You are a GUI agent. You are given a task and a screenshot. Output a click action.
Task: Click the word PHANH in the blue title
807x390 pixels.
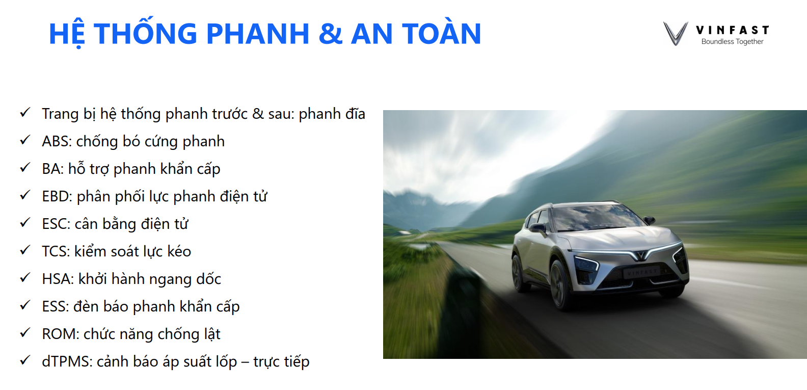[258, 34]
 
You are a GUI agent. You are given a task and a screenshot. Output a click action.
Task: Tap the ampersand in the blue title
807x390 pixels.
[330, 34]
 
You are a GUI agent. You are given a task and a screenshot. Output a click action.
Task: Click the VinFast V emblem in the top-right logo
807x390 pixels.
[676, 34]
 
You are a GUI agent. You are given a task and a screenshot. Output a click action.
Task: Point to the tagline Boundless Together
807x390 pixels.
[732, 41]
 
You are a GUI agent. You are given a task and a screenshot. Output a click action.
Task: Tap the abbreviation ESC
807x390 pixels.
[56, 224]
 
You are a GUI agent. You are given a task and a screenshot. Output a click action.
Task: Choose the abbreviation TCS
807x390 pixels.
[56, 252]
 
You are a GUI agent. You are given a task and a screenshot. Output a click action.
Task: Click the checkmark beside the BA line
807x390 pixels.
[25, 168]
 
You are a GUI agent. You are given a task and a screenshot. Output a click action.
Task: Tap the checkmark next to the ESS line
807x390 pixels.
[25, 305]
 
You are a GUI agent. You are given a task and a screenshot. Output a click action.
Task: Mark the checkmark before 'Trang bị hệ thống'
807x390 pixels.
[25, 113]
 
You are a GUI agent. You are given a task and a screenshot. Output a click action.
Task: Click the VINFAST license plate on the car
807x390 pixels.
[641, 273]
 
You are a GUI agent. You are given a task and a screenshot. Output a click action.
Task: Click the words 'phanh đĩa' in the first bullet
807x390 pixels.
[332, 114]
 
